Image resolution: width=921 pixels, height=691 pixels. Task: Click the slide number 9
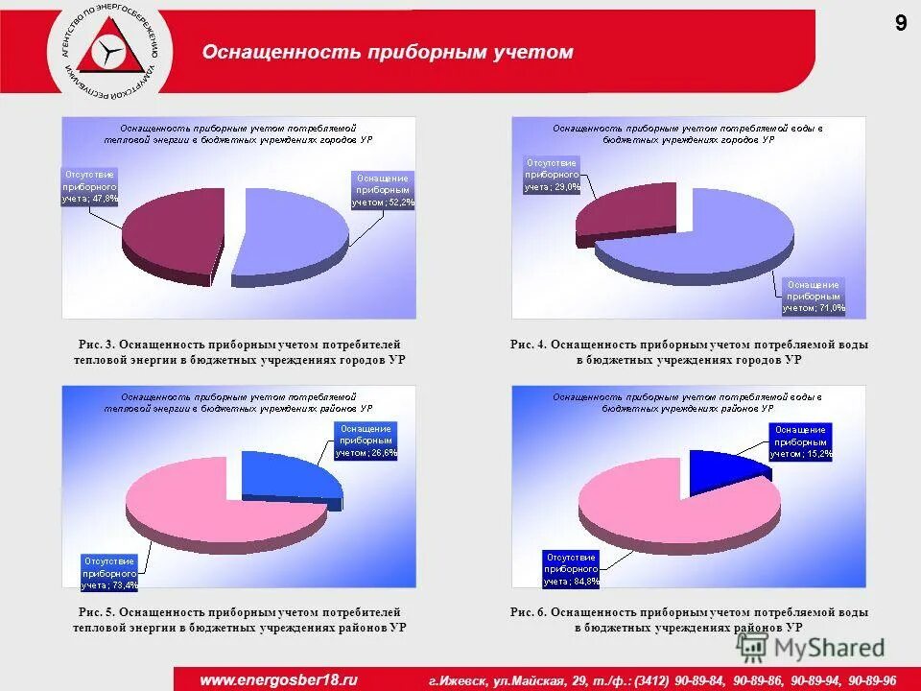click(901, 25)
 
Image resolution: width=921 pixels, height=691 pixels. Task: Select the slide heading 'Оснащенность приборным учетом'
click(387, 53)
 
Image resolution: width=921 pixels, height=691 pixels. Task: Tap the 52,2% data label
click(383, 190)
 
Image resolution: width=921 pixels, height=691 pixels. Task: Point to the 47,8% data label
click(90, 186)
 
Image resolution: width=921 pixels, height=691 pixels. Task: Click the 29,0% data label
click(552, 175)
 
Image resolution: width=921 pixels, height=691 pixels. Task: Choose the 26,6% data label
click(366, 441)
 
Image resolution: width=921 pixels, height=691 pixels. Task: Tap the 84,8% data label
click(572, 569)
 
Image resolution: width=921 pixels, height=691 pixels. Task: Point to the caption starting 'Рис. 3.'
click(239, 351)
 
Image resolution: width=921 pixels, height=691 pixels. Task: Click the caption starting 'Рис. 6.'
click(689, 619)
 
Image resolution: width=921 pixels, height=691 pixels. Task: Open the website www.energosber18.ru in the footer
click(278, 679)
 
